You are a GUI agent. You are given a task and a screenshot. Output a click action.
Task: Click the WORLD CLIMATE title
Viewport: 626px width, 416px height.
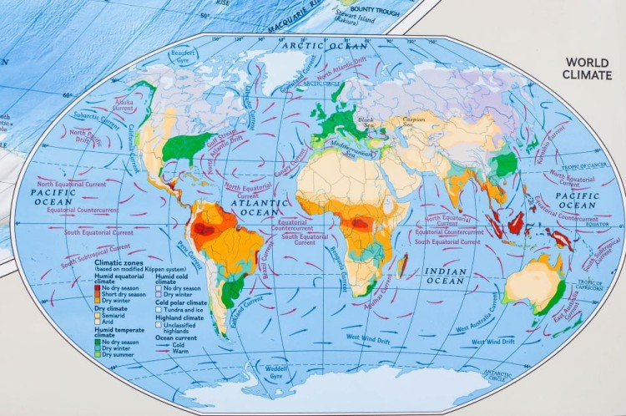click(x=587, y=68)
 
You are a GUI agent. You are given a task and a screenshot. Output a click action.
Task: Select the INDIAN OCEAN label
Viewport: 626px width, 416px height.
click(x=446, y=276)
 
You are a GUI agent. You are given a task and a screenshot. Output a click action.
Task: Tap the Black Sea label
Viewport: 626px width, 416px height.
click(x=366, y=123)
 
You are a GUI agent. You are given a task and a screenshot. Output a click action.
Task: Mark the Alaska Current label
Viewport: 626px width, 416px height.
click(x=124, y=105)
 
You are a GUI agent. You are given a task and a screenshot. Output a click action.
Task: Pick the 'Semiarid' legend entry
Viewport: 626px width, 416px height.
click(x=117, y=315)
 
